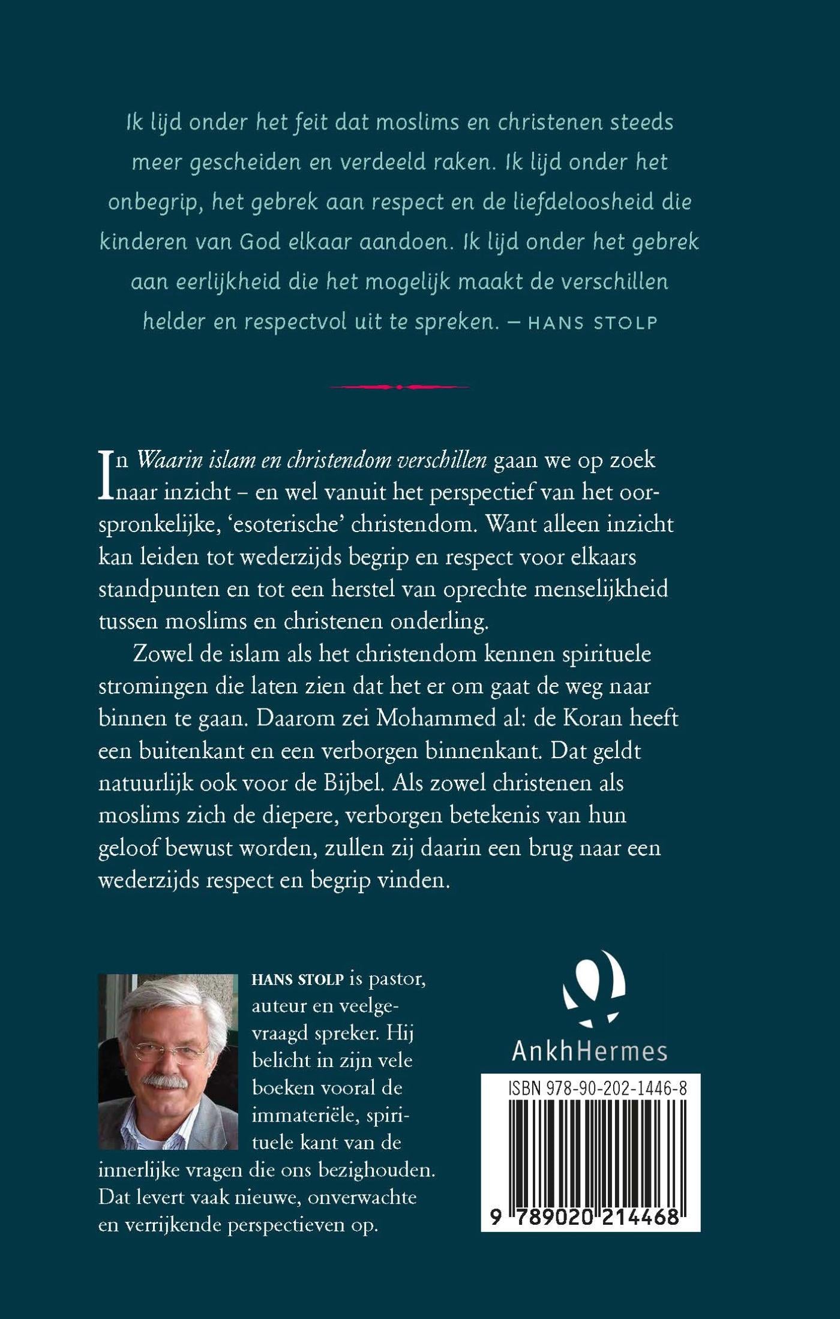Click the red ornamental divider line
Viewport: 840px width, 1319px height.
point(399,387)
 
